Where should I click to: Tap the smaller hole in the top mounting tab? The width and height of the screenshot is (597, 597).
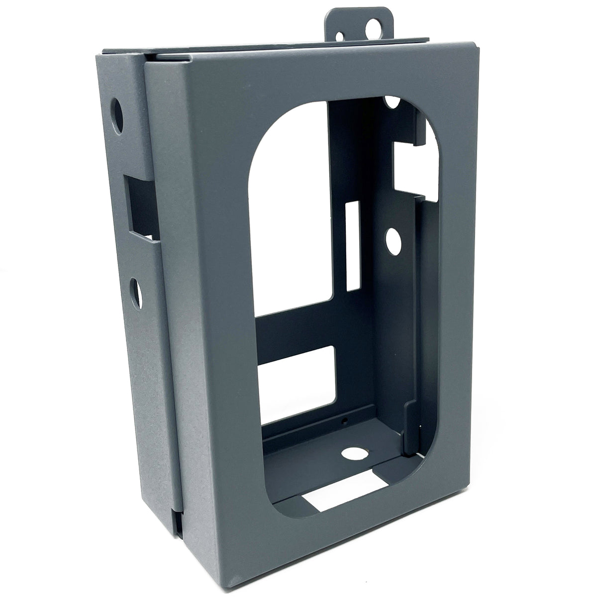pos(340,36)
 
